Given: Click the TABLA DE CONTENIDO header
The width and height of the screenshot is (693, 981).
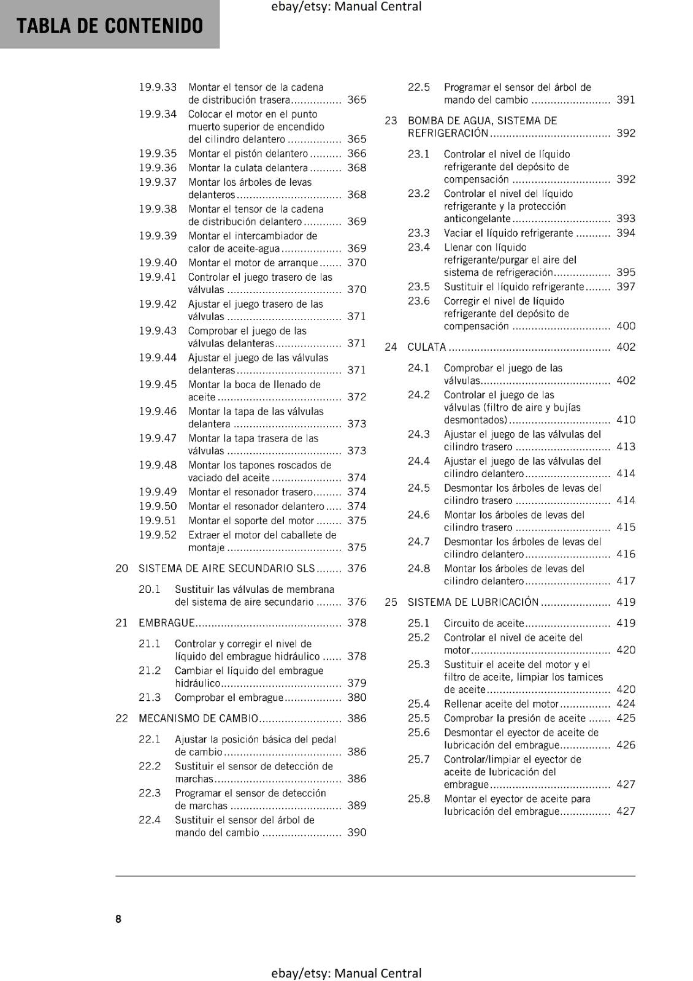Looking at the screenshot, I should [x=110, y=26].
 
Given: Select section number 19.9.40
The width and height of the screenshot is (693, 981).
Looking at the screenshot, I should [x=158, y=262].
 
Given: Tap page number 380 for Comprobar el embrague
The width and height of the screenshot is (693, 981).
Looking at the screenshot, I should [x=356, y=697].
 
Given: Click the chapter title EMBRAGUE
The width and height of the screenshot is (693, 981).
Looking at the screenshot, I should [x=166, y=623].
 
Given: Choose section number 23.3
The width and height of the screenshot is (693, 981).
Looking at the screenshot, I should [x=419, y=233].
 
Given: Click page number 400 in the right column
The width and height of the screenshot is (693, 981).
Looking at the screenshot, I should [x=626, y=326].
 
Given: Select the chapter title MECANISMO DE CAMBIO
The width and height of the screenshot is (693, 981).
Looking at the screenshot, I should [x=198, y=719].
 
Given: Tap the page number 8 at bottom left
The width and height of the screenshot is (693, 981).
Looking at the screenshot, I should [x=118, y=918].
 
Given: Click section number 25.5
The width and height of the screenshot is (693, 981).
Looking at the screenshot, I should [x=419, y=718].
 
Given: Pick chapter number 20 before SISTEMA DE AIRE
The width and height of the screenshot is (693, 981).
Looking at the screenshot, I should [x=121, y=568].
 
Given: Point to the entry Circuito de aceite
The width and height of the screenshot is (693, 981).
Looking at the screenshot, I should [x=484, y=623].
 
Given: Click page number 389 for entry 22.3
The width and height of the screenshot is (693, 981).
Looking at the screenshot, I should [x=356, y=806].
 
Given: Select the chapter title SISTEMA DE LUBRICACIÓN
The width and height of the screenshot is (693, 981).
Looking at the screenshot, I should [x=473, y=602].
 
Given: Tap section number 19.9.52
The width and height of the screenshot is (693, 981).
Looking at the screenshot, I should [x=158, y=535].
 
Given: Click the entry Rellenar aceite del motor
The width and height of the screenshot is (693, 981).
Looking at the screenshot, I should [x=501, y=704].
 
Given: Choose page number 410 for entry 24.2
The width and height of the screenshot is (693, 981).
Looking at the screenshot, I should [x=626, y=420].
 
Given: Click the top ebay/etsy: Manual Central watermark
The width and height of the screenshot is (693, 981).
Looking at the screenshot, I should [x=346, y=7].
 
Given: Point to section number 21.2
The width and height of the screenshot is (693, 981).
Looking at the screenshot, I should [x=150, y=671].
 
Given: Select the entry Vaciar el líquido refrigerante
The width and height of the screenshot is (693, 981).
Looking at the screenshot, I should [x=508, y=233].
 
